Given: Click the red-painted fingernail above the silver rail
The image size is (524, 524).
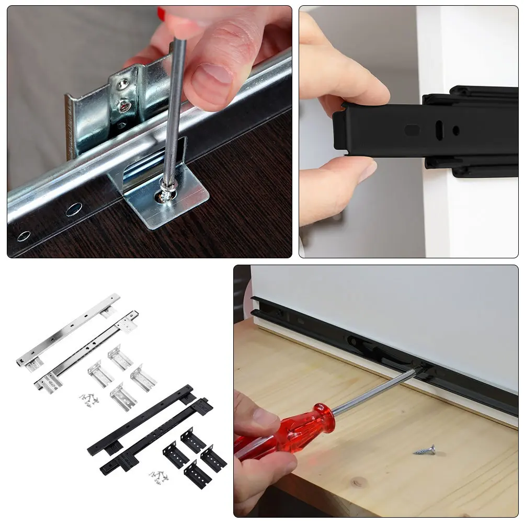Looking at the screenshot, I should pos(162,14).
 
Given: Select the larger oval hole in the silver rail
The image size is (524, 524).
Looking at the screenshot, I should pos(74,209).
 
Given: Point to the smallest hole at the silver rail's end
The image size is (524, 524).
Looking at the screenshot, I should pos(24,236).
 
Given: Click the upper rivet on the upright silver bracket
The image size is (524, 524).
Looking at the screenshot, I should pos(123,83).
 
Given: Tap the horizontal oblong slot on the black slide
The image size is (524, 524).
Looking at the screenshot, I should pos(413,129).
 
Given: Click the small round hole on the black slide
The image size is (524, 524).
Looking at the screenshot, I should pos(456,130).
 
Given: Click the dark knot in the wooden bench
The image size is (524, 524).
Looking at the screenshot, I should pos(357,482).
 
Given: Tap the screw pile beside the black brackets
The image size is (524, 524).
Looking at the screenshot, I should pos(158,475).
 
